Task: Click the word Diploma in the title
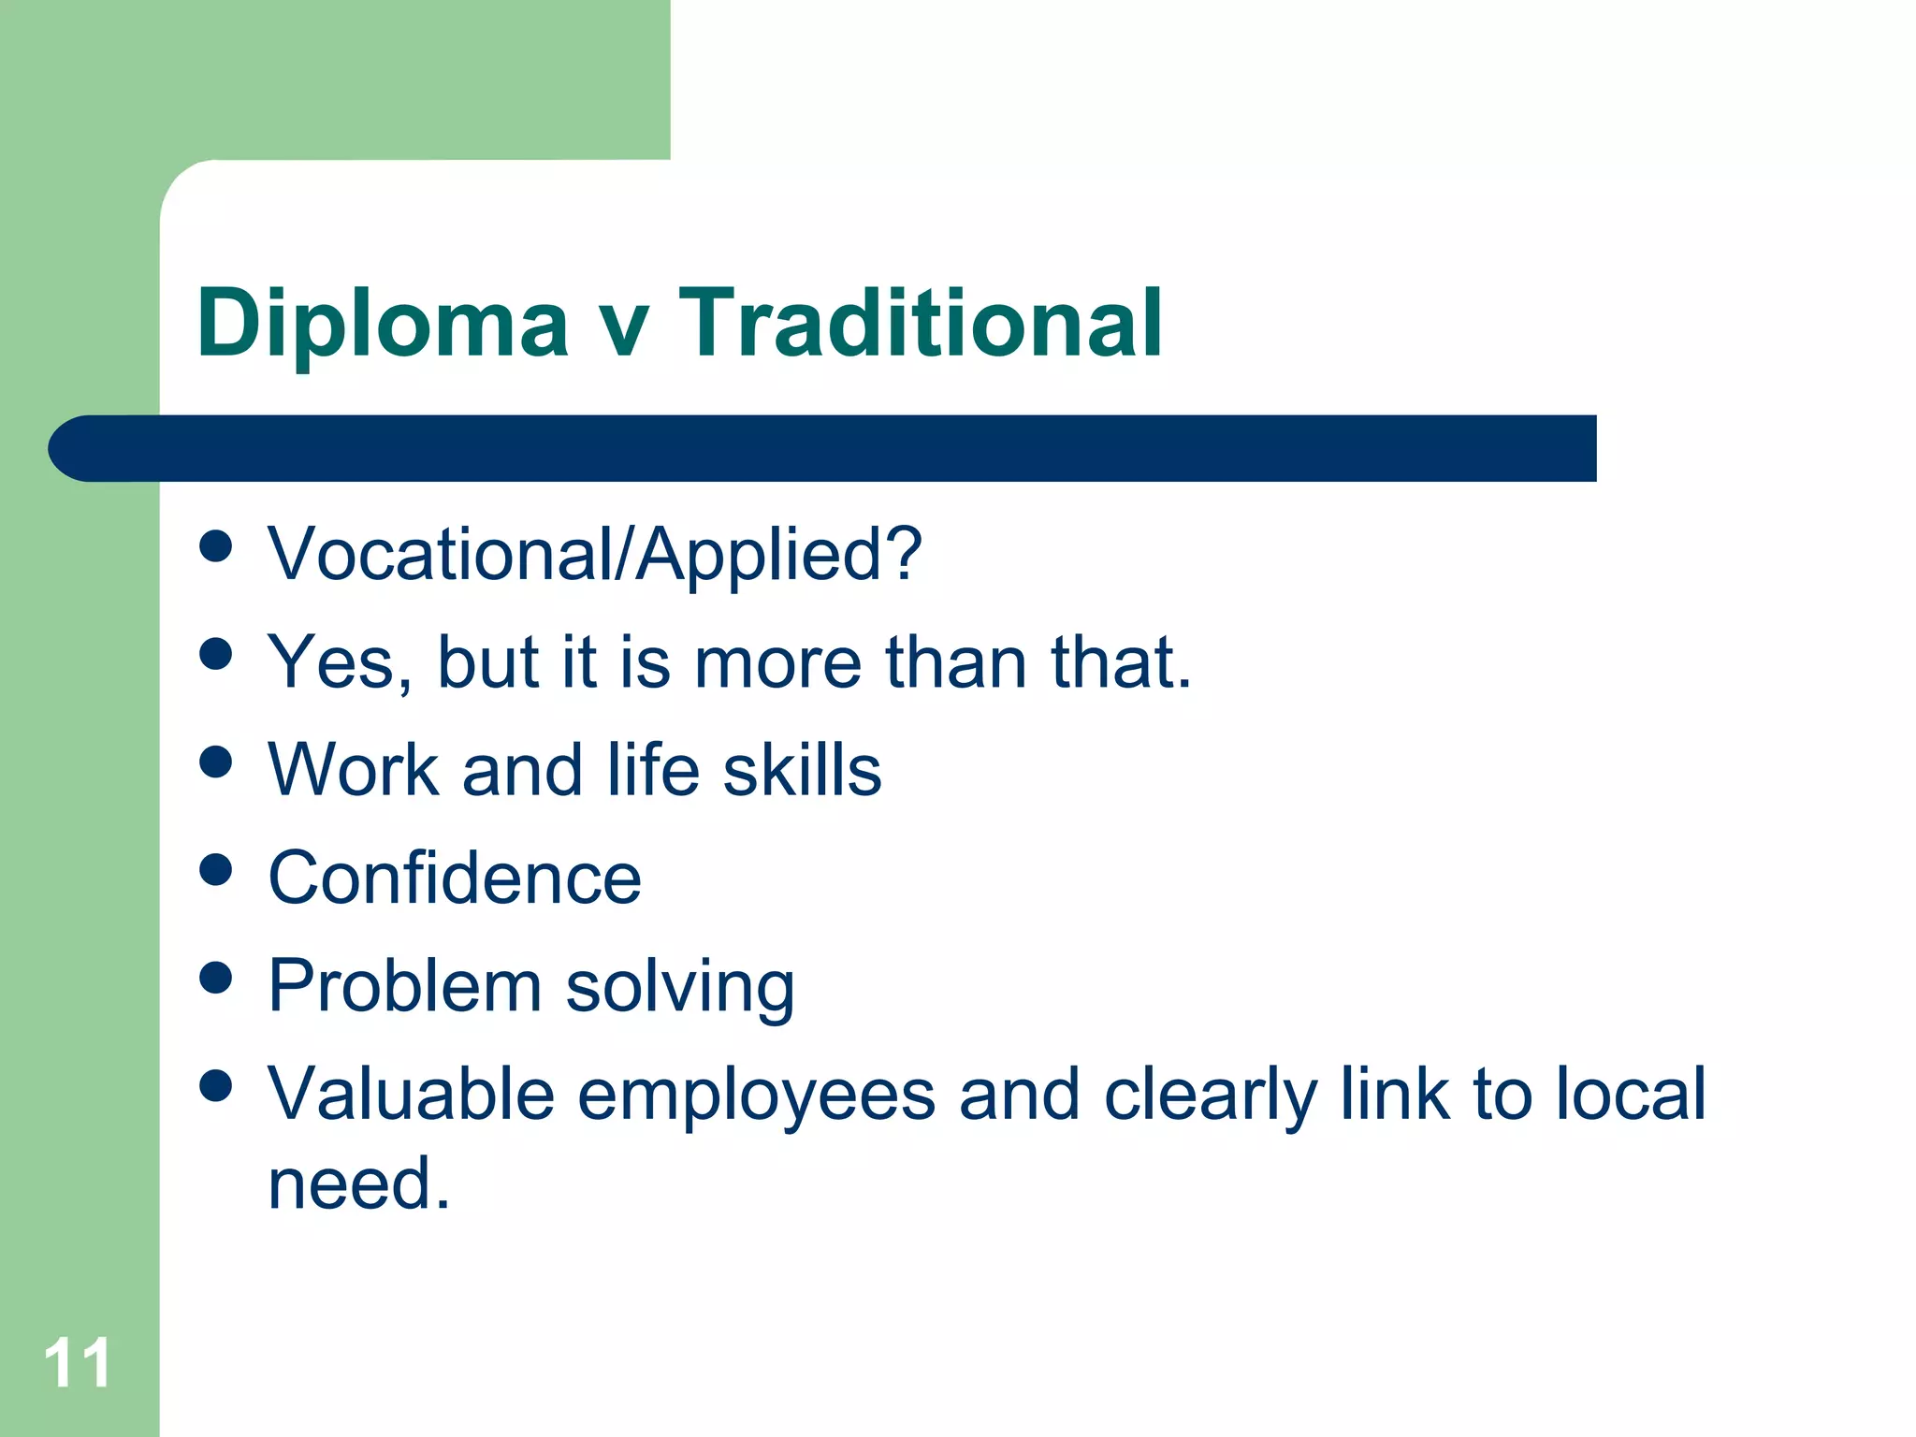(382, 324)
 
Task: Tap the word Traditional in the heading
(921, 324)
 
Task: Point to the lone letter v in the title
(622, 327)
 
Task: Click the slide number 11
(78, 1364)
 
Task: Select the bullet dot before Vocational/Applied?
(216, 545)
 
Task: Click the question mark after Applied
(904, 554)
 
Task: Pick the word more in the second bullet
(777, 662)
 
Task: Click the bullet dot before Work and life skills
(216, 762)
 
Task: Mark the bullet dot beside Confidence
(216, 869)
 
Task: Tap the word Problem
(405, 986)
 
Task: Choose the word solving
(680, 988)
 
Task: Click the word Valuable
(412, 1094)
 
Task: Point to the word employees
(756, 1096)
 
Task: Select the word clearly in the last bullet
(1211, 1096)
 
